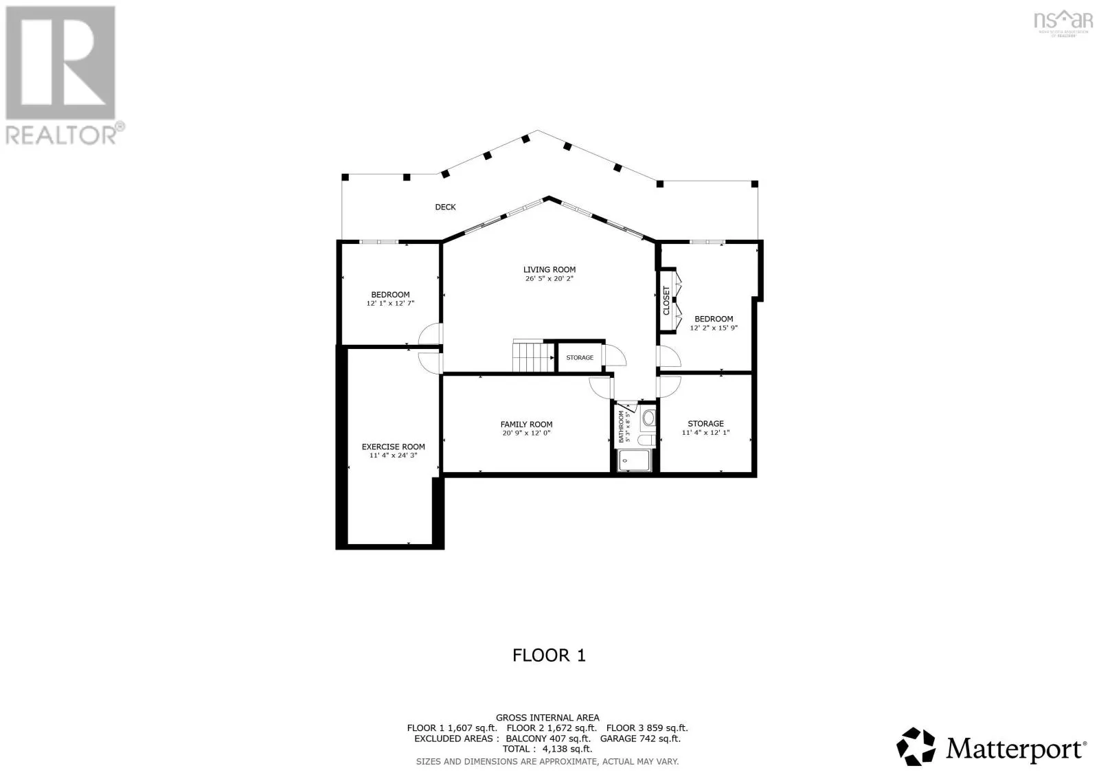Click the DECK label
pyautogui.click(x=445, y=207)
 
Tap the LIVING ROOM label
pyautogui.click(x=549, y=269)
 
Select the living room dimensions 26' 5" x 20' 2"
pyautogui.click(x=549, y=279)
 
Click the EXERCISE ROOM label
pyautogui.click(x=393, y=447)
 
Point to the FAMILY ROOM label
pyautogui.click(x=526, y=425)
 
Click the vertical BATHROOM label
pyautogui.click(x=621, y=427)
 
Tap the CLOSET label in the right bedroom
pyautogui.click(x=666, y=300)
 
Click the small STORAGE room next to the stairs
pyautogui.click(x=580, y=357)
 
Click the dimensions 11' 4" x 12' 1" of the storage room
pyautogui.click(x=705, y=433)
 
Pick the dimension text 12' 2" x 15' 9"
pyautogui.click(x=714, y=328)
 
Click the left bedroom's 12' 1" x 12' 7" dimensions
pyautogui.click(x=390, y=303)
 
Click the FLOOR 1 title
pyautogui.click(x=549, y=655)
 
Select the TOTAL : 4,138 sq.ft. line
pyautogui.click(x=547, y=749)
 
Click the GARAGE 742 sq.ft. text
pyautogui.click(x=640, y=739)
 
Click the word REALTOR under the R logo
pyautogui.click(x=60, y=133)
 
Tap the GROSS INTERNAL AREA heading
pyautogui.click(x=547, y=717)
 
